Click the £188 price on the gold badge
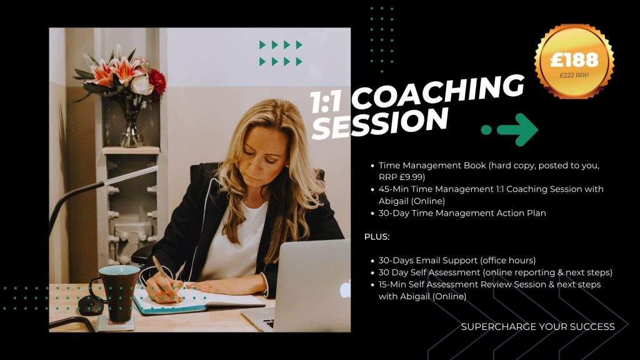(574, 59)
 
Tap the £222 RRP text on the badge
(574, 76)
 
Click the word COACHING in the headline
(437, 92)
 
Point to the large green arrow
(517, 130)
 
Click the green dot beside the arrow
(486, 130)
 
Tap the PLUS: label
(377, 237)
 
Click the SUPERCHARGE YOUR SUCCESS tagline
(538, 326)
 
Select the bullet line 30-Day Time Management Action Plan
(462, 213)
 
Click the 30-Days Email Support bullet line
(457, 261)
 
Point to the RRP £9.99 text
(402, 177)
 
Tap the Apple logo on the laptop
(345, 289)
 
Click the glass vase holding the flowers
(131, 124)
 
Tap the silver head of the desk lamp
(131, 174)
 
